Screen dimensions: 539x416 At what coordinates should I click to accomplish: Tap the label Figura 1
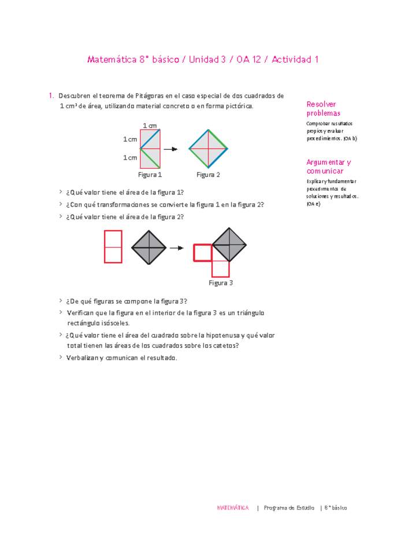pyautogui.click(x=150, y=175)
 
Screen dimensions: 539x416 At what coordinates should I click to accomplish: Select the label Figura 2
pyautogui.click(x=208, y=175)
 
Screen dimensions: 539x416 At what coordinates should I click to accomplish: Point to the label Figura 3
pyautogui.click(x=221, y=283)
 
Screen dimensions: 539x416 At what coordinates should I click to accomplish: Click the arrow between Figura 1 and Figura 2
pyautogui.click(x=170, y=149)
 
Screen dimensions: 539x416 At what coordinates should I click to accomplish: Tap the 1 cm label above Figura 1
pyautogui.click(x=150, y=125)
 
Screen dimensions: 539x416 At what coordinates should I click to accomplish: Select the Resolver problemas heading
pyautogui.click(x=324, y=109)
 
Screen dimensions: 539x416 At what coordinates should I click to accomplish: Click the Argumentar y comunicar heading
pyautogui.click(x=329, y=167)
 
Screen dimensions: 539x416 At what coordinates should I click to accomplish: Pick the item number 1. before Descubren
pyautogui.click(x=51, y=95)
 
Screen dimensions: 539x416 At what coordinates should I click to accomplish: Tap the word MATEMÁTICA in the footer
pyautogui.click(x=233, y=508)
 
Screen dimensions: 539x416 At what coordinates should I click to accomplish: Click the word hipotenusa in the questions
pyautogui.click(x=228, y=335)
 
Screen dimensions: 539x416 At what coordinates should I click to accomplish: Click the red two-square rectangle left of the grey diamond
pyautogui.click(x=113, y=246)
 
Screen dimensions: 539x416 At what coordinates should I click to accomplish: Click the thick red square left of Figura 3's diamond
pyautogui.click(x=202, y=253)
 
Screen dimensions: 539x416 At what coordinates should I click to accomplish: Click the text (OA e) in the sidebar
pyautogui.click(x=312, y=204)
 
